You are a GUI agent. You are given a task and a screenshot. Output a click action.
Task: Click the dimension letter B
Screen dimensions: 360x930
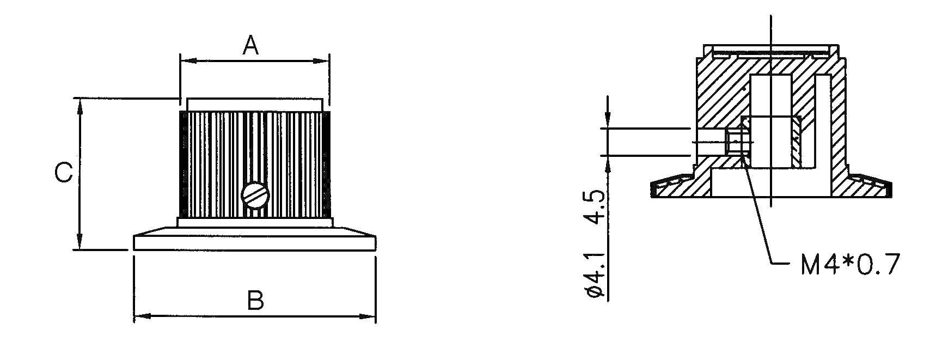click(x=255, y=300)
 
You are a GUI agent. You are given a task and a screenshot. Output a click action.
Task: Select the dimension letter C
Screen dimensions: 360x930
click(x=64, y=174)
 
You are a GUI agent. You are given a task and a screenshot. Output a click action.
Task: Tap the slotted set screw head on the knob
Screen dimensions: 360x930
click(x=254, y=194)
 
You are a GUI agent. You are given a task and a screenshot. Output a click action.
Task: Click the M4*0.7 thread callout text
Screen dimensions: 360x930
click(x=848, y=265)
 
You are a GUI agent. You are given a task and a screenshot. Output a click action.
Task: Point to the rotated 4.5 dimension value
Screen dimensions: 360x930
click(x=595, y=208)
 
